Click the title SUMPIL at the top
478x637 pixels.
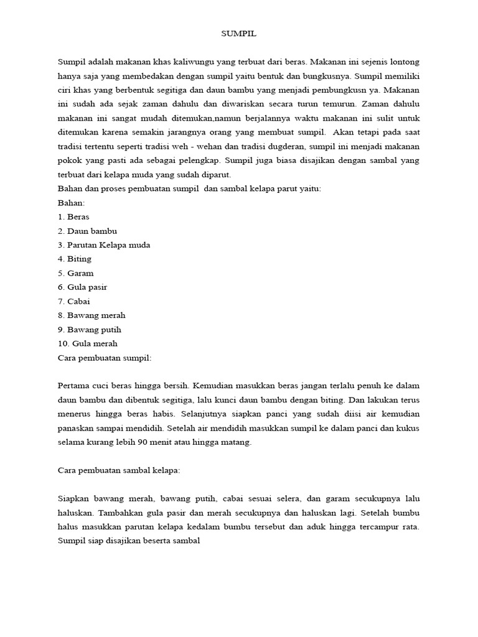click(239, 34)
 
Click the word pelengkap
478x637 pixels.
click(209, 160)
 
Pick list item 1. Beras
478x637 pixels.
click(73, 217)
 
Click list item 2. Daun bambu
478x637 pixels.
click(87, 231)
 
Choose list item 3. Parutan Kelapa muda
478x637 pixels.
click(104, 245)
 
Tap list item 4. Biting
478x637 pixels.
click(75, 259)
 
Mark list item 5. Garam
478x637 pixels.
click(75, 273)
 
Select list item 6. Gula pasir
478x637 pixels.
click(82, 287)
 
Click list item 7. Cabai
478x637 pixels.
click(73, 301)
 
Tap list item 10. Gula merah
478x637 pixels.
click(87, 343)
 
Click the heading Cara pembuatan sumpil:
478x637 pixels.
click(105, 358)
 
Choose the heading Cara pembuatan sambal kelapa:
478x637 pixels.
click(118, 470)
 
